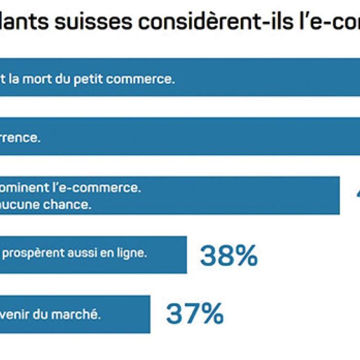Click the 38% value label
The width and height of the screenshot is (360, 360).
click(228, 255)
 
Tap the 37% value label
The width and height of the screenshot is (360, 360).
click(195, 314)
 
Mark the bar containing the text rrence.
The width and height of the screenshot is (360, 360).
click(195, 137)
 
